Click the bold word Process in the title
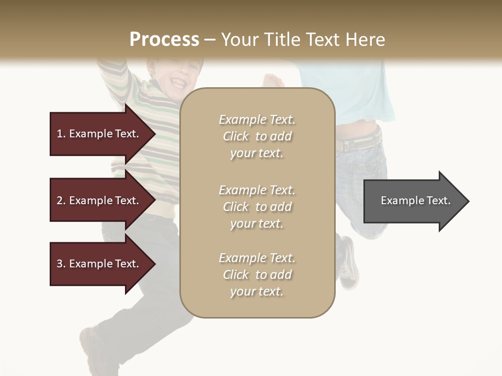(164, 39)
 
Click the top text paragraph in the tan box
(257, 136)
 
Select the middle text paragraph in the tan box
(257, 207)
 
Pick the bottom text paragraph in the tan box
(257, 275)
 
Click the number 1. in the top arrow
(61, 134)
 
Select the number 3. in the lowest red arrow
(61, 264)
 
